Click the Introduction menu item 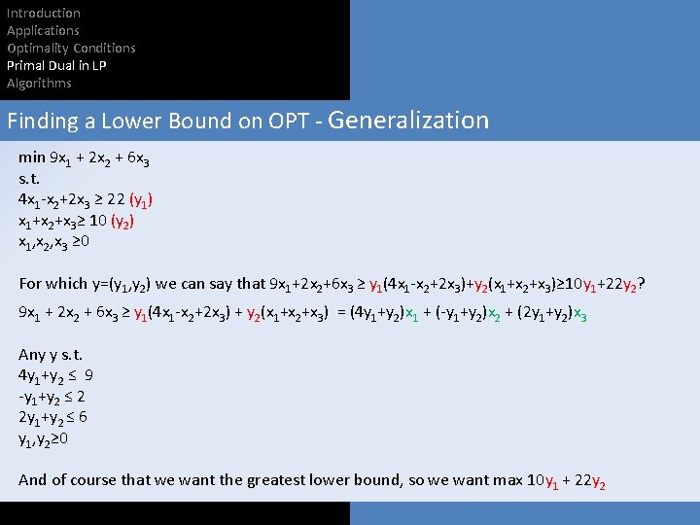click(x=44, y=14)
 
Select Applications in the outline click(x=43, y=31)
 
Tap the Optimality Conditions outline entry click(x=71, y=49)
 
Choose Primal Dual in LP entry click(x=56, y=66)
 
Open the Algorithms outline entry click(x=39, y=84)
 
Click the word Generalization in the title click(x=408, y=121)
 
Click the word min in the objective click(x=32, y=157)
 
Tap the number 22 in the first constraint click(x=116, y=199)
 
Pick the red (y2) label click(x=122, y=222)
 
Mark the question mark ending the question click(x=643, y=284)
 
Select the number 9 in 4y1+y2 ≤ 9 click(x=89, y=375)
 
